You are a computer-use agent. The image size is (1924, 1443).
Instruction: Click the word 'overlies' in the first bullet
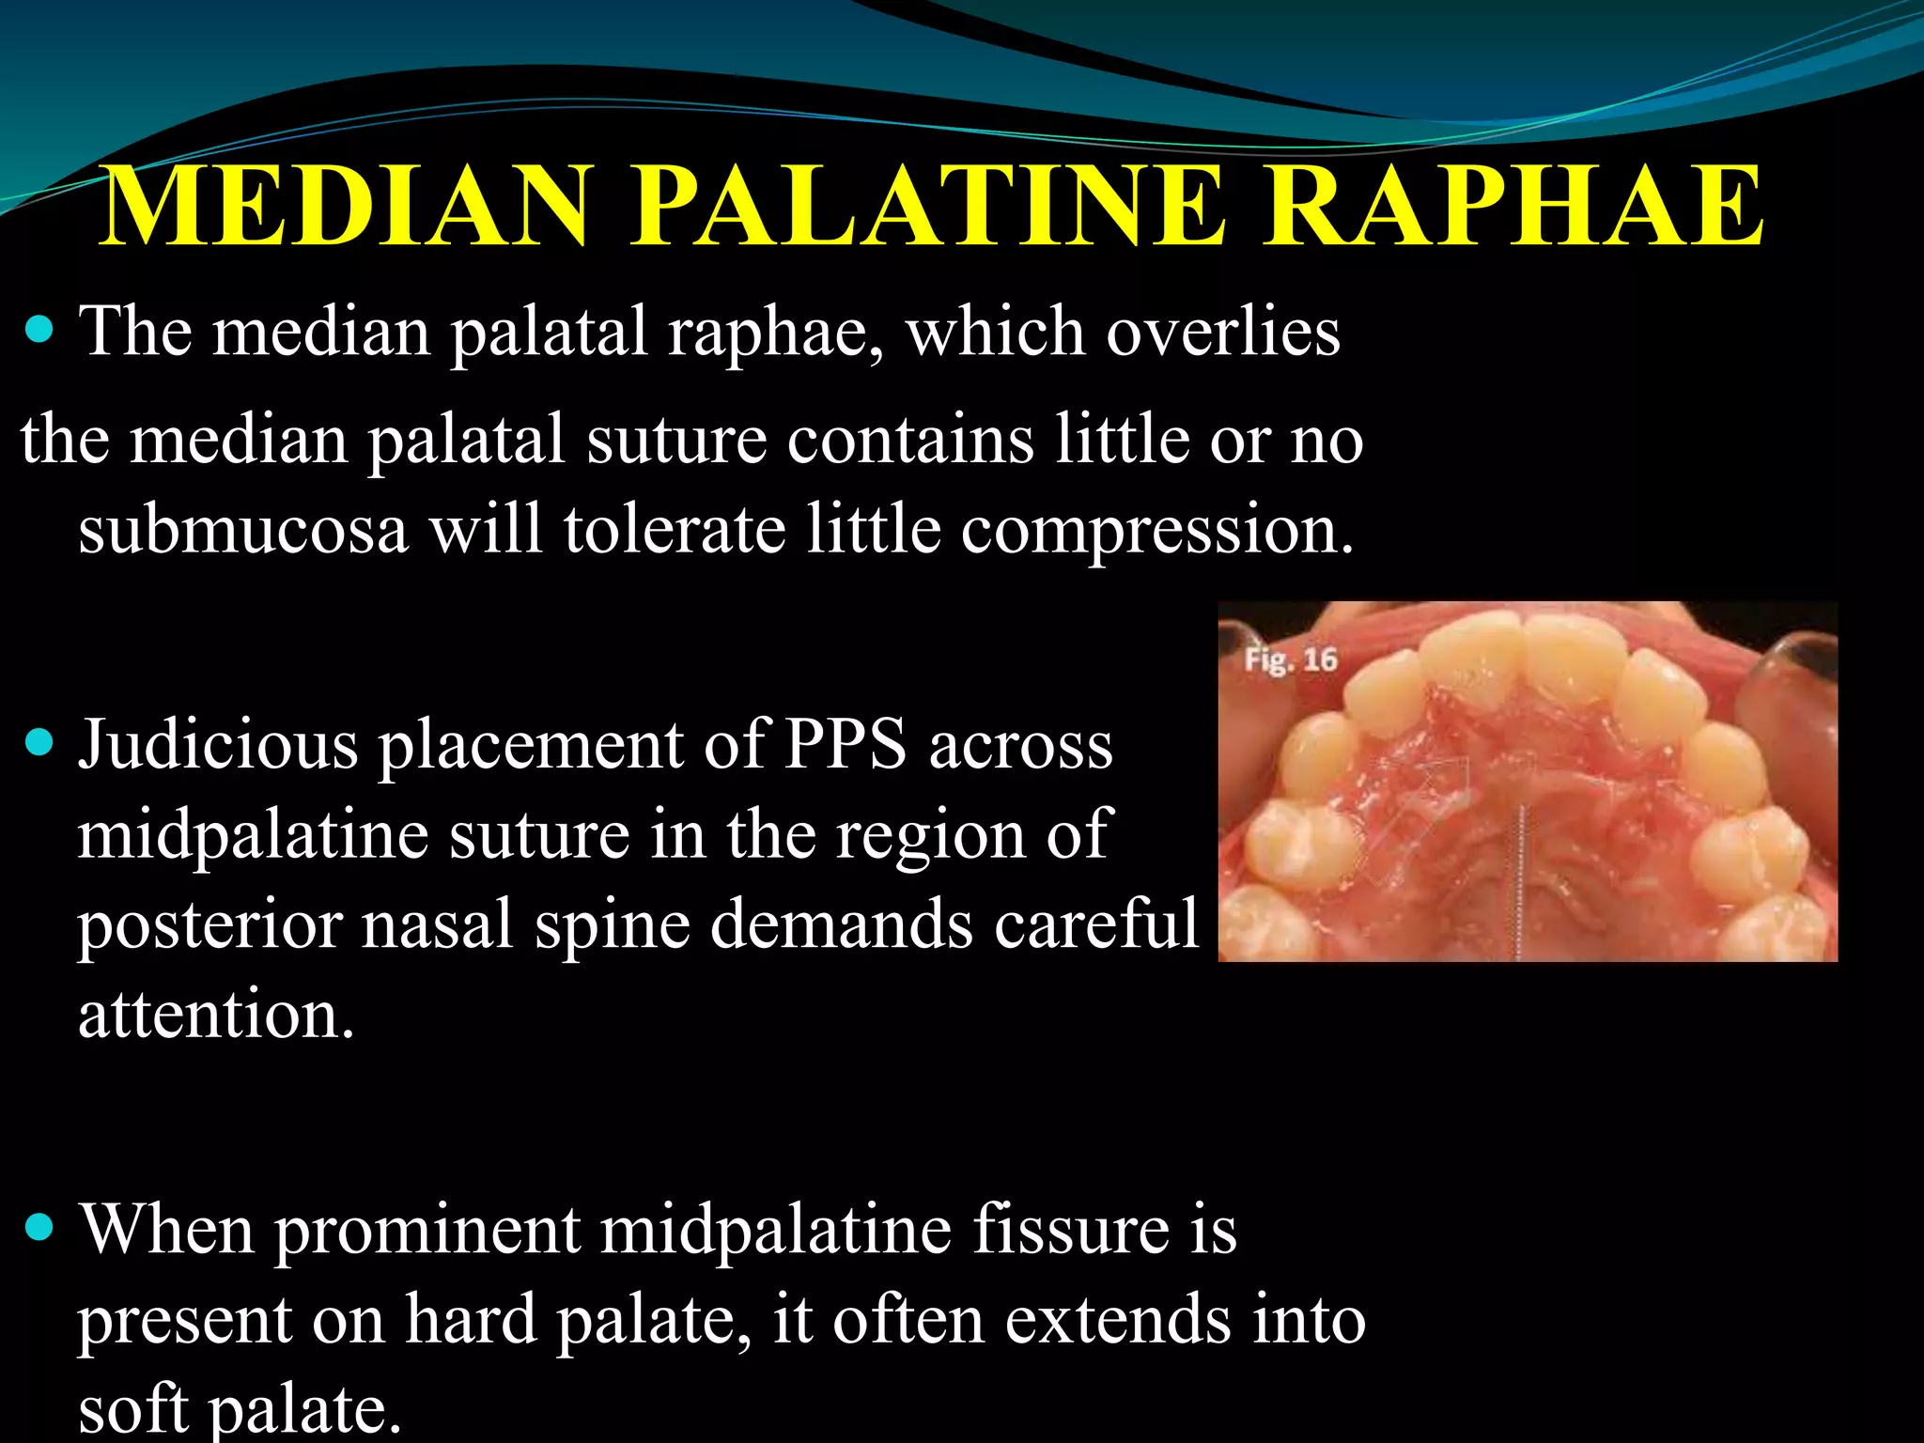(x=1222, y=333)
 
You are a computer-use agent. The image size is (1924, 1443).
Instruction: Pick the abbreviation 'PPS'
(x=846, y=745)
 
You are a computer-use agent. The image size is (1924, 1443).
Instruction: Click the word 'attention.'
(x=216, y=1016)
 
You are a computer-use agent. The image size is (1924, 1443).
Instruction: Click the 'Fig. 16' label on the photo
(x=1291, y=659)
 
